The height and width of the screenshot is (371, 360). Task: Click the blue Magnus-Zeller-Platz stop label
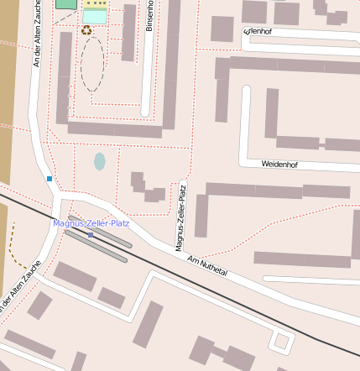point(91,223)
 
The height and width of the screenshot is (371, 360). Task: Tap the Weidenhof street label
point(279,165)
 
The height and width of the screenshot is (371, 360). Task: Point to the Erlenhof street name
point(258,31)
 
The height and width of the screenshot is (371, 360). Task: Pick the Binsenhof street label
point(150,26)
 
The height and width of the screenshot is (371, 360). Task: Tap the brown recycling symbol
point(86,30)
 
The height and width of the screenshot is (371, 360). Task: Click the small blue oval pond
point(100,161)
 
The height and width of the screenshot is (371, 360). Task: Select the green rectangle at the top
point(65,3)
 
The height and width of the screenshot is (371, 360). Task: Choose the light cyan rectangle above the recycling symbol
point(95,16)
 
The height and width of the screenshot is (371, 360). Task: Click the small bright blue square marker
point(50,179)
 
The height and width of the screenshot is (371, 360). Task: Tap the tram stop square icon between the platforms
point(91,235)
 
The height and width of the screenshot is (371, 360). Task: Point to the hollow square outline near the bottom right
point(282,342)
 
